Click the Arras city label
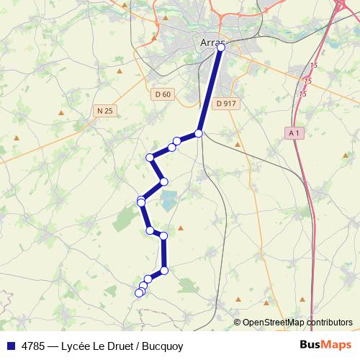(x=210, y=43)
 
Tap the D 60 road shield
(x=163, y=94)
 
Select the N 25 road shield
(x=104, y=110)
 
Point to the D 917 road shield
(x=225, y=104)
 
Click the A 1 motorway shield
(x=292, y=133)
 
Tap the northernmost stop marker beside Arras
(x=221, y=48)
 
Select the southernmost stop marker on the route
(x=139, y=293)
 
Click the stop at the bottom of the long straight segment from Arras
(x=199, y=133)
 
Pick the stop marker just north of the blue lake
(x=164, y=181)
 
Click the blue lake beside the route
(x=169, y=199)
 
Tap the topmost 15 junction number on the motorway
(x=314, y=66)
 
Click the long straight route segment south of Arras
(x=210, y=91)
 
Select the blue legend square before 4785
(x=9, y=346)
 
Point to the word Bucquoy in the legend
(x=163, y=346)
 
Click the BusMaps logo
(x=325, y=346)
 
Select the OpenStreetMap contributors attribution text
(x=297, y=323)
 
